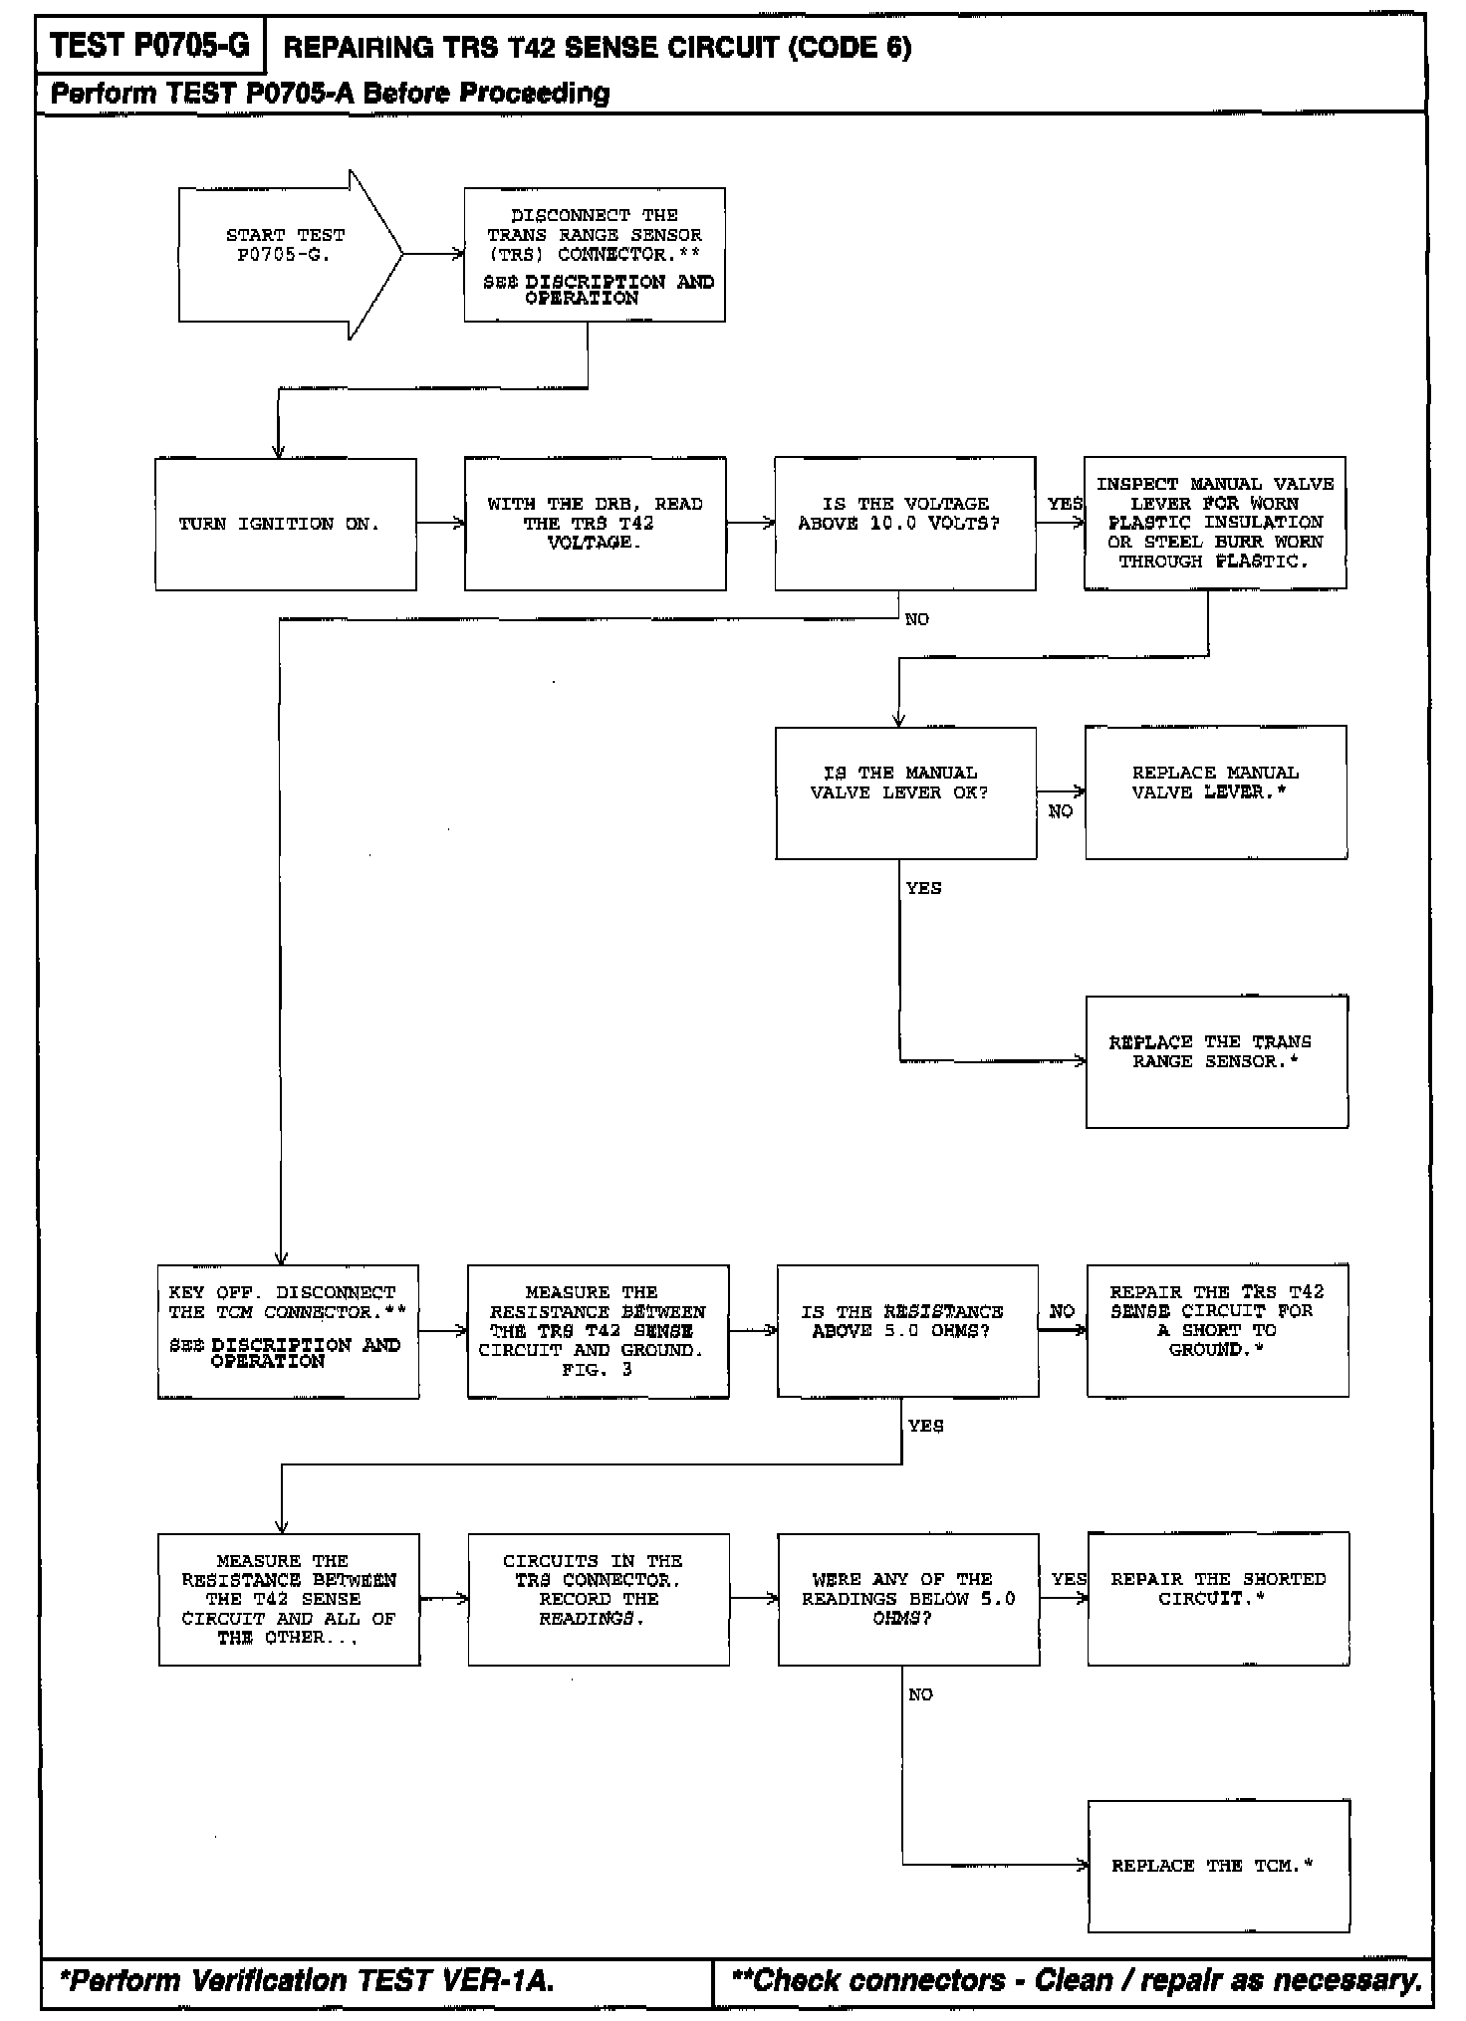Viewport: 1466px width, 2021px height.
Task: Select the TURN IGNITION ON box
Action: tap(286, 524)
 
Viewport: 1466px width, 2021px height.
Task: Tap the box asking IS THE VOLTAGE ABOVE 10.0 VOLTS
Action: tap(904, 524)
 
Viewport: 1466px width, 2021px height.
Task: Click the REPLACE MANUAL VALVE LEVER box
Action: tap(1216, 792)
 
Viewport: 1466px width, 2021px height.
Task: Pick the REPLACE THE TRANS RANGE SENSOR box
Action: tap(1216, 1061)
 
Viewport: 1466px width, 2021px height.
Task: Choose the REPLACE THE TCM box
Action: tap(1218, 1866)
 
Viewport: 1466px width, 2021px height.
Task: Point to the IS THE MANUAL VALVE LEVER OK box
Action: tap(905, 792)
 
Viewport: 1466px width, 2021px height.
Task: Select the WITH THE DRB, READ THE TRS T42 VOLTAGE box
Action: tap(595, 524)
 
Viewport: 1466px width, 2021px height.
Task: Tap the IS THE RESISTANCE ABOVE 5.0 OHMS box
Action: tap(907, 1331)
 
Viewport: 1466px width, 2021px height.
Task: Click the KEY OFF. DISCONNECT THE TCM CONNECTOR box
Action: tap(288, 1331)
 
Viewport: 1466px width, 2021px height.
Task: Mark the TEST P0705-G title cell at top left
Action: tap(150, 46)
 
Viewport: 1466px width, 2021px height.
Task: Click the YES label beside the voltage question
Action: tap(1064, 504)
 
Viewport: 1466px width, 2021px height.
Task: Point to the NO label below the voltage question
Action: tap(916, 619)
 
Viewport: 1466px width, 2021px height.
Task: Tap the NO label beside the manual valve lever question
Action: tap(1060, 811)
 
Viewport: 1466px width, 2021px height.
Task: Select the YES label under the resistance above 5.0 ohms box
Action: tap(925, 1426)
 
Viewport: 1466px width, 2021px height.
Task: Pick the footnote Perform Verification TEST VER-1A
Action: tap(307, 1981)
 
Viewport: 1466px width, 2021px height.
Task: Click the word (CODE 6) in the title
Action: tap(850, 48)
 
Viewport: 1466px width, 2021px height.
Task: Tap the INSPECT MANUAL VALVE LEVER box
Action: tap(1215, 524)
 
